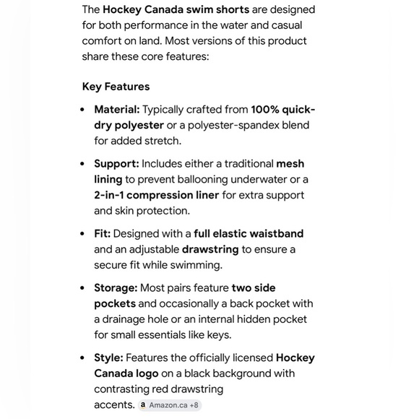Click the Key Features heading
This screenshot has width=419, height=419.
click(x=116, y=87)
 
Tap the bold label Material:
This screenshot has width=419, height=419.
click(x=117, y=110)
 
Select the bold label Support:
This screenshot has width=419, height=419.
click(x=116, y=164)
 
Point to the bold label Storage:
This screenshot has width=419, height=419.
click(x=116, y=288)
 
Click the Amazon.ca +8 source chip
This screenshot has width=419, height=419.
click(x=170, y=405)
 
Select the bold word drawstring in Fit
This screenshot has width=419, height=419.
click(x=210, y=249)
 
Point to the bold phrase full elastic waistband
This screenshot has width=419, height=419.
click(x=249, y=233)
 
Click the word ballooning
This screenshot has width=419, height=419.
click(x=211, y=179)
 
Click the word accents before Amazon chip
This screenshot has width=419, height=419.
click(x=114, y=405)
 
